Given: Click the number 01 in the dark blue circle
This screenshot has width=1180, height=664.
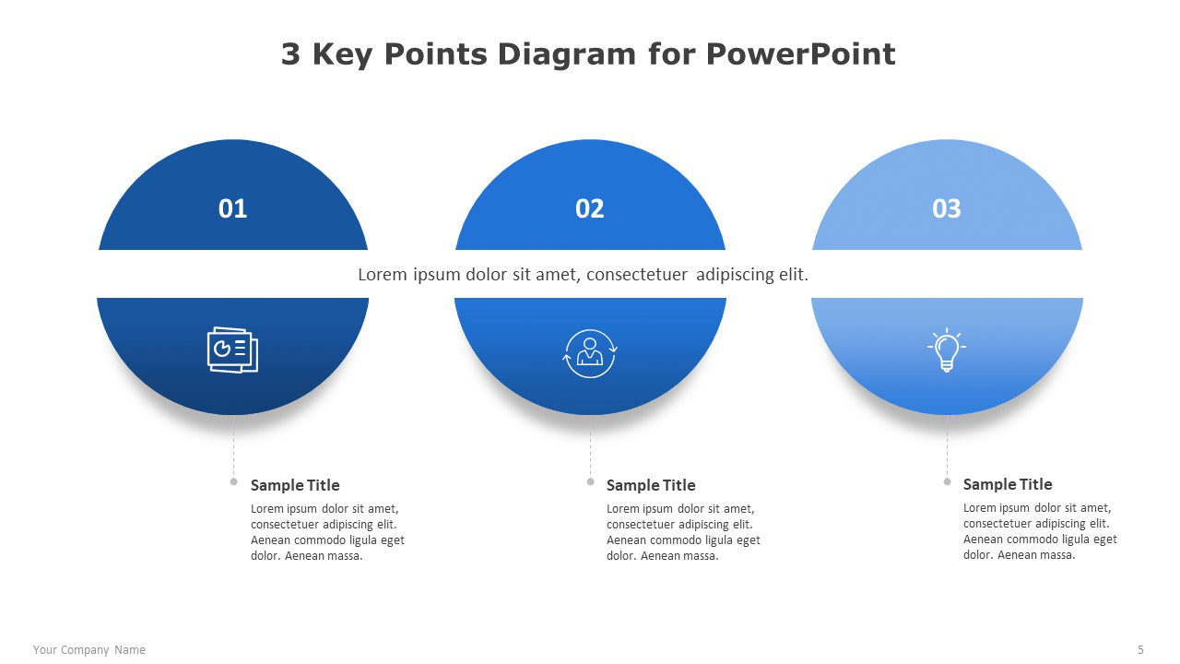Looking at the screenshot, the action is click(232, 208).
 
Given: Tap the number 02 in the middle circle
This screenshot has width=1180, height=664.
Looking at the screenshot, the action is click(589, 208).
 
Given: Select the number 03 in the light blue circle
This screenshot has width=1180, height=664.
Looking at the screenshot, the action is click(947, 208).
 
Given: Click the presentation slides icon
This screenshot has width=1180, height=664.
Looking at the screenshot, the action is click(232, 350).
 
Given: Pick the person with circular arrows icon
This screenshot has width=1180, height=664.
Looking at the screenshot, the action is click(589, 353).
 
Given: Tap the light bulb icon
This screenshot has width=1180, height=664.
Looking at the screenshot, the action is click(947, 350).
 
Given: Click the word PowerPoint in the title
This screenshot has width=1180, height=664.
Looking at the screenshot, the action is click(800, 53).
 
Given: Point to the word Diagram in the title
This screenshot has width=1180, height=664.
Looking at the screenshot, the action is click(566, 54).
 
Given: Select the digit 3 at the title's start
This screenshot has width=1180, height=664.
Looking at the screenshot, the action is click(290, 53).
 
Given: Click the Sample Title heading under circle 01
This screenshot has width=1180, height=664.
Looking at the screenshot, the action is click(295, 485).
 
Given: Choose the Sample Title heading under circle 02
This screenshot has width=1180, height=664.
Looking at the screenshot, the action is click(651, 485).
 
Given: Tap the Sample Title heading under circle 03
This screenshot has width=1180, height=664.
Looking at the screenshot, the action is click(1008, 484).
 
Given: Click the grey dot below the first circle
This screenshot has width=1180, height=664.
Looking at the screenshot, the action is click(234, 481).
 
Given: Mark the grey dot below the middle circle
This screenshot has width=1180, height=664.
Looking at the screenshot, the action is click(591, 481).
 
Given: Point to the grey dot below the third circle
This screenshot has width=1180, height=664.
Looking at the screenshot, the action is click(947, 481).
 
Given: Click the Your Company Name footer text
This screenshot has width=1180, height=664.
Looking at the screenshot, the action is click(89, 650).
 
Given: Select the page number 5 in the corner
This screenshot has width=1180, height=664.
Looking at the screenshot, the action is click(1140, 650).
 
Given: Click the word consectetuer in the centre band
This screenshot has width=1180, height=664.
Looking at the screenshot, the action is click(637, 275).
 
